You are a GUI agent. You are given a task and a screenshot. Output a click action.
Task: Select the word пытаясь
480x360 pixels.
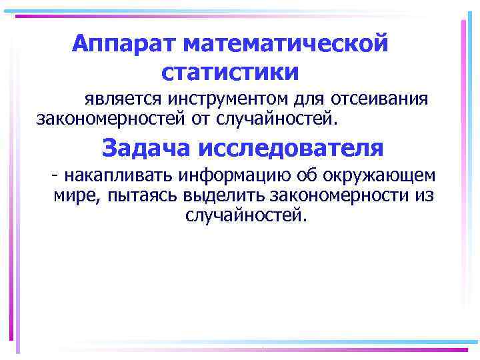click(x=133, y=196)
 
